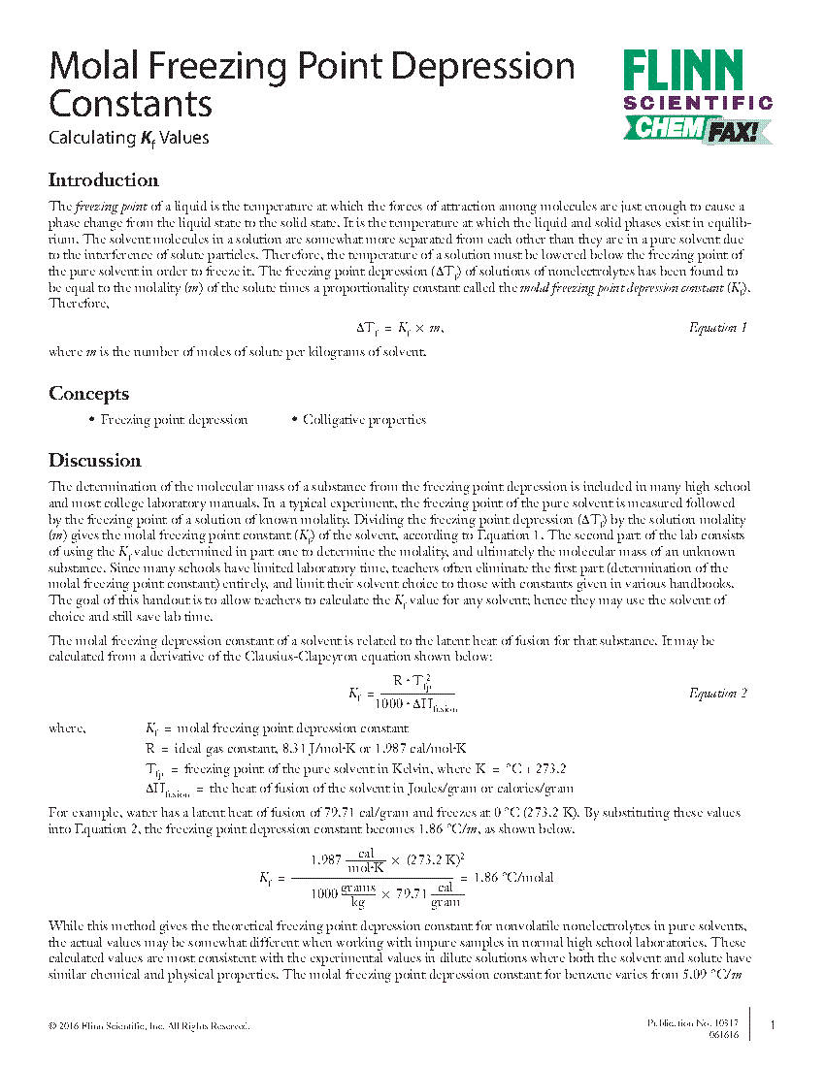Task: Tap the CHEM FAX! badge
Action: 698,128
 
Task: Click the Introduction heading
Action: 103,180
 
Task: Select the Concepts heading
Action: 88,394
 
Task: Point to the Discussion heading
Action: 95,461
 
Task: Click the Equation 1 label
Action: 717,328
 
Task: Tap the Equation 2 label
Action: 717,693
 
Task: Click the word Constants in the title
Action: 130,103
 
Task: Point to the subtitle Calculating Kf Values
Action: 129,138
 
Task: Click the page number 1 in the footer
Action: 772,1025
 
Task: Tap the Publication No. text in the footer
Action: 692,1023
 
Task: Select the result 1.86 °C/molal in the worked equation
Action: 512,877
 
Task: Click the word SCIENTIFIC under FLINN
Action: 698,102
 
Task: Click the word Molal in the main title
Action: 94,66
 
